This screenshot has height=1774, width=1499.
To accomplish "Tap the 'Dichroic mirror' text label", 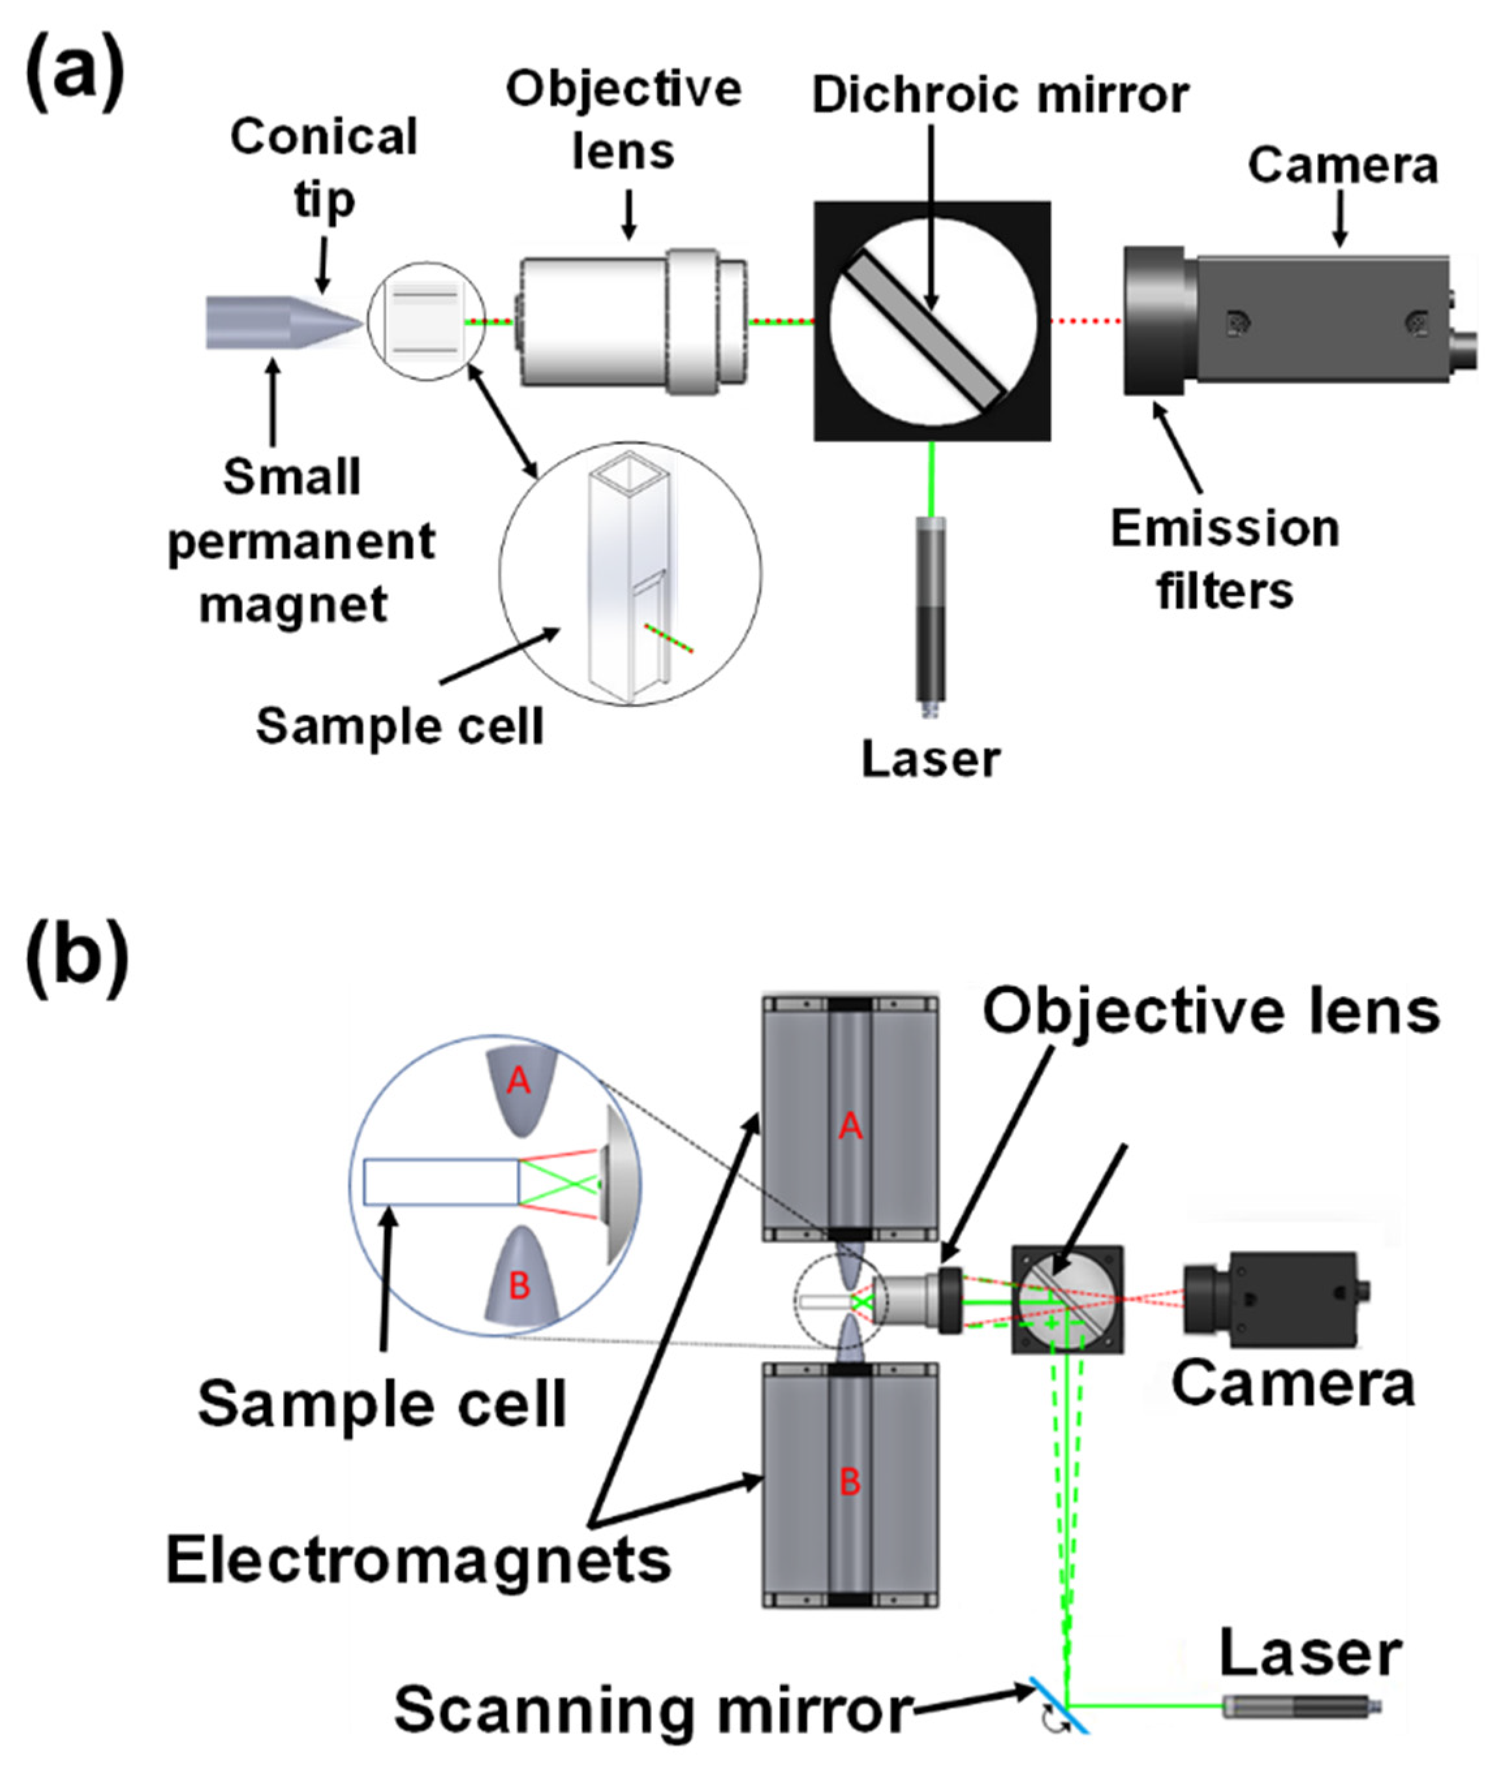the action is click(1000, 94).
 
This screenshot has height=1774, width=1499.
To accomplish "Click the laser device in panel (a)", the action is click(931, 616).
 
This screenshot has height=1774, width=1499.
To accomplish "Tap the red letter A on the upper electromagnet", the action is click(850, 1127).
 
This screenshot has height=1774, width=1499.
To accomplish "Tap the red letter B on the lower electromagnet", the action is click(850, 1481).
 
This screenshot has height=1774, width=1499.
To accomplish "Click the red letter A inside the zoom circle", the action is click(518, 1081).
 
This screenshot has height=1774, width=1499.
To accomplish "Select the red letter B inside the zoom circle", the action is click(519, 1285).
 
